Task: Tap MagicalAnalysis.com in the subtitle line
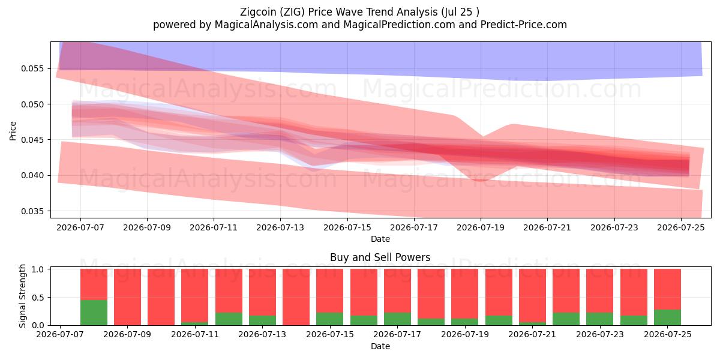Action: pyautogui.click(x=266, y=25)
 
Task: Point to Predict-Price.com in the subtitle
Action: pyautogui.click(x=524, y=25)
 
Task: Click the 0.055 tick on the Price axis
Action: pyautogui.click(x=32, y=69)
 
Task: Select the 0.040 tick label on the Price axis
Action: pyautogui.click(x=32, y=175)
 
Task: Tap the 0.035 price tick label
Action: pyautogui.click(x=32, y=211)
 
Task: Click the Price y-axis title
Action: pyautogui.click(x=13, y=131)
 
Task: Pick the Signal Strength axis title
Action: pyautogui.click(x=22, y=296)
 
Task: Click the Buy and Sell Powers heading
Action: pyautogui.click(x=380, y=257)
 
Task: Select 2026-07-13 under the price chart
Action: pyautogui.click(x=280, y=227)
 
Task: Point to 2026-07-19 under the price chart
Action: pyautogui.click(x=481, y=227)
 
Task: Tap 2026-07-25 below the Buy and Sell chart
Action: pyautogui.click(x=668, y=335)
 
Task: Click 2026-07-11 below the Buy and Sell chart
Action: pyautogui.click(x=195, y=335)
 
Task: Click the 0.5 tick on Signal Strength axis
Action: pyautogui.click(x=38, y=298)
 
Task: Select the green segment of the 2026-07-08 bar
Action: pyautogui.click(x=94, y=313)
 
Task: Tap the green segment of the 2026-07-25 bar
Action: pyautogui.click(x=667, y=317)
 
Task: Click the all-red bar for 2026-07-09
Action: pyautogui.click(x=128, y=297)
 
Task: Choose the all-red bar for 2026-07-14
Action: pyautogui.click(x=296, y=297)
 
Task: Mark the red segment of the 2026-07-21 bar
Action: pyautogui.click(x=532, y=296)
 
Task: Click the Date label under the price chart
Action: pyautogui.click(x=380, y=239)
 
